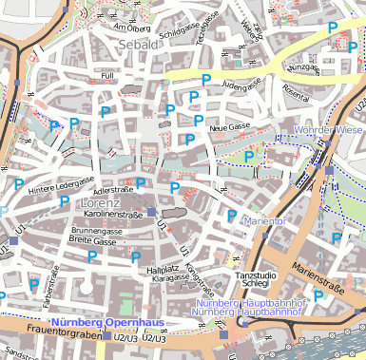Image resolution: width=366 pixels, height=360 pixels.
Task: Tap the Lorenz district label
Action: click(101, 203)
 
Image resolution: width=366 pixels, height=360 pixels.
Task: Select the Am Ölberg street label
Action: click(132, 27)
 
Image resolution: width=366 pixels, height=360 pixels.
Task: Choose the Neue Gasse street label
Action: click(229, 126)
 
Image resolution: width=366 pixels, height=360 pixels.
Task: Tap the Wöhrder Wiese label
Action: click(329, 129)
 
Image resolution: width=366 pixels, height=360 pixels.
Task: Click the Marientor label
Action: click(265, 221)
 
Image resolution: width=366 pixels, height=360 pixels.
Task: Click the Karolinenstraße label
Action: click(107, 216)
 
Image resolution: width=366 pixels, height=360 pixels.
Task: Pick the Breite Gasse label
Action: click(92, 241)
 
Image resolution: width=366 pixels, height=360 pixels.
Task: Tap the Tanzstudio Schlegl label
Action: click(256, 280)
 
